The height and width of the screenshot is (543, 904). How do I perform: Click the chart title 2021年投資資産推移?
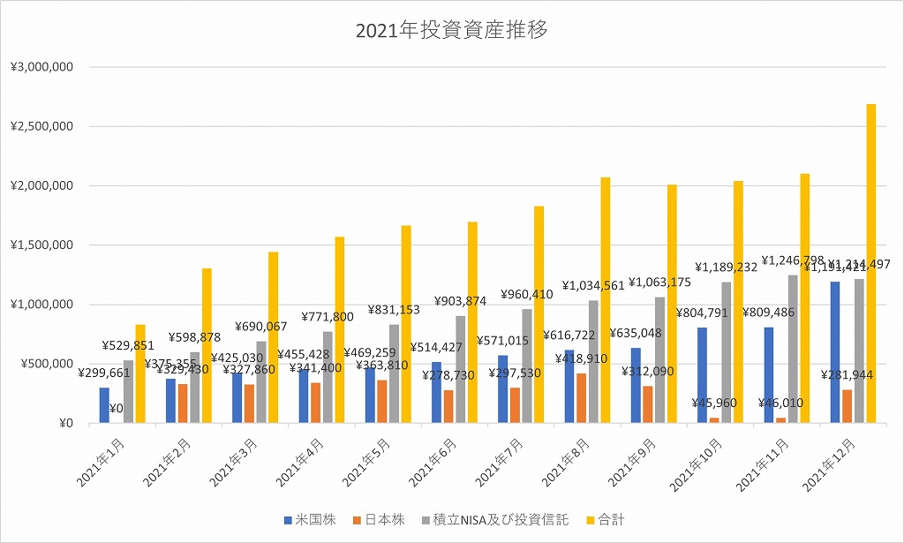point(451,31)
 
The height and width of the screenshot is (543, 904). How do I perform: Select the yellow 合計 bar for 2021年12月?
point(870,265)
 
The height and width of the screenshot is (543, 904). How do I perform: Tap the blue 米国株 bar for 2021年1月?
point(104,405)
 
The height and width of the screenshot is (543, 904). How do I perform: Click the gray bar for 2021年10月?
point(727,353)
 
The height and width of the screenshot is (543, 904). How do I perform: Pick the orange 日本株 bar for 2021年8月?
point(582,398)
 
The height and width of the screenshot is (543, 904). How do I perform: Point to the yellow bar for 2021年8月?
point(605,300)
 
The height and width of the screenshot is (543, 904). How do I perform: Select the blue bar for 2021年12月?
point(834,352)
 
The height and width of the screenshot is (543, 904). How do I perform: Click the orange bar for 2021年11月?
point(780,420)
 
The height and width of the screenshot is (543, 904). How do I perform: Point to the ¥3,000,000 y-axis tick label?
point(41,67)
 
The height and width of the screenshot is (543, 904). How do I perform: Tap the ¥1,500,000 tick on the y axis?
point(41,245)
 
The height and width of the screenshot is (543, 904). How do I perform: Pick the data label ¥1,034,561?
point(593,285)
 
